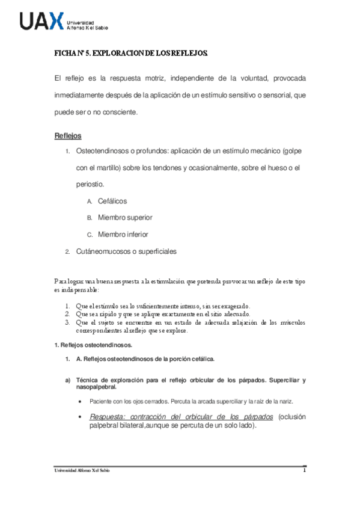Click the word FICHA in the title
point(65,54)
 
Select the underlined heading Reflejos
point(68,135)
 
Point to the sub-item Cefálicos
point(112,201)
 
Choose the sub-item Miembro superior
point(125,217)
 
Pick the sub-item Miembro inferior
point(123,234)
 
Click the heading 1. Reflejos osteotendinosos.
point(93,345)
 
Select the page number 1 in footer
point(305,470)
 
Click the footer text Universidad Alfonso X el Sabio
point(82,470)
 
